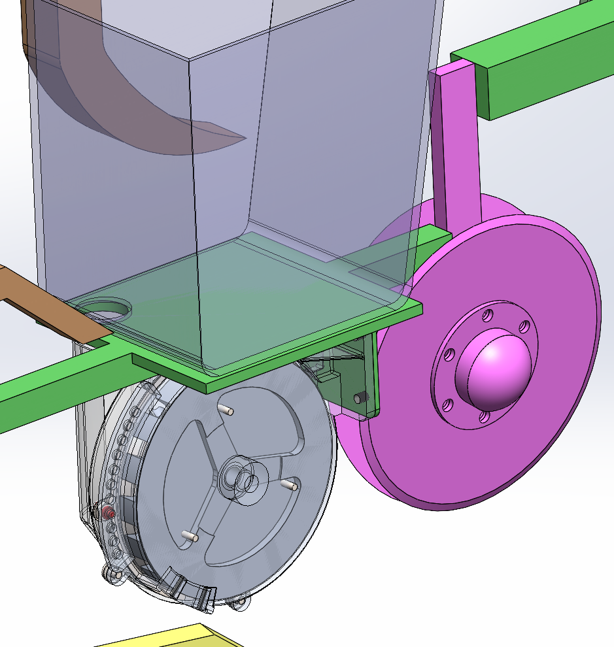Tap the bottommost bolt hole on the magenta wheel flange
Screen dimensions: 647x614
click(x=484, y=415)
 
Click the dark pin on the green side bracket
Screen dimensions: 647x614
click(x=360, y=397)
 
